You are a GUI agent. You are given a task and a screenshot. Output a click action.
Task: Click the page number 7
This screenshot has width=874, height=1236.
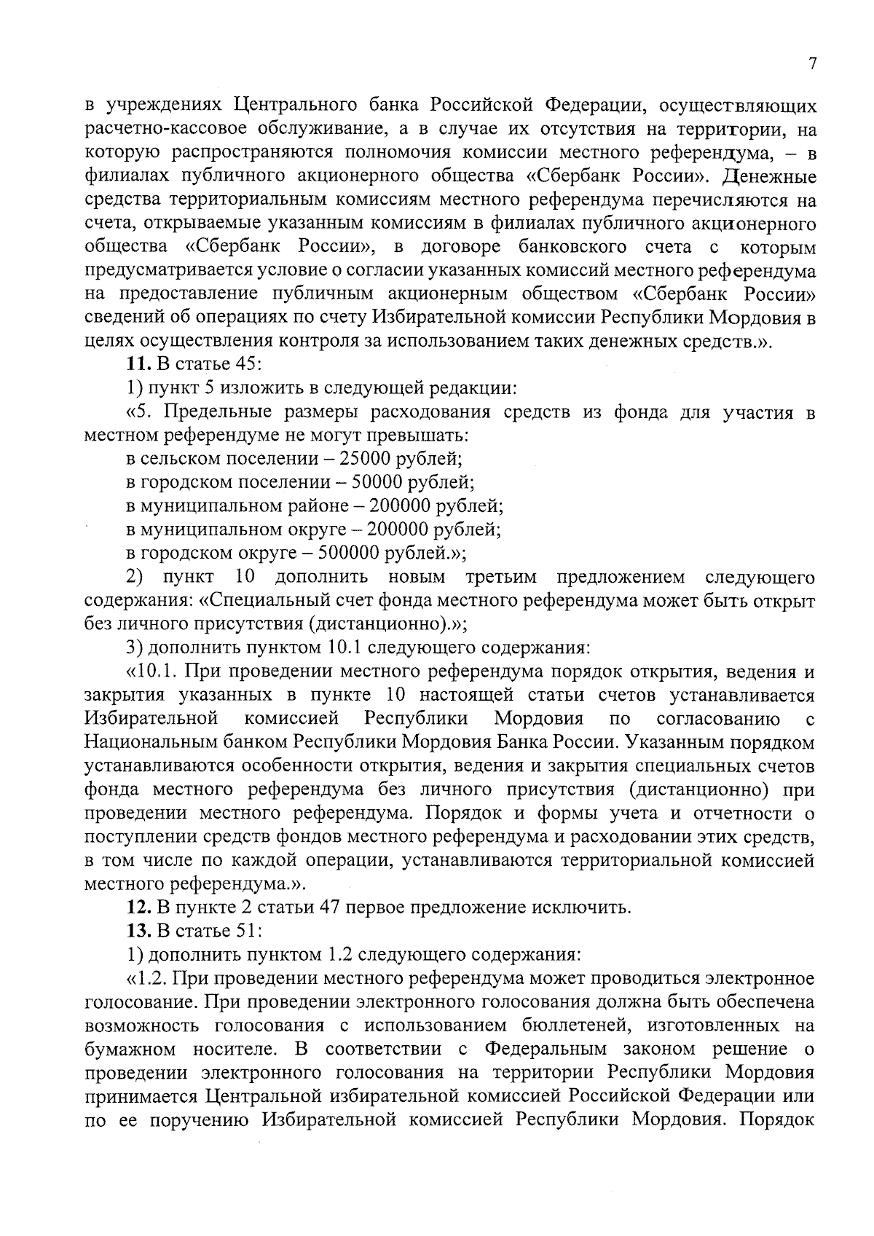tap(813, 64)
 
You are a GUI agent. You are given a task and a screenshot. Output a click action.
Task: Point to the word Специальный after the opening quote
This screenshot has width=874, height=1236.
tap(272, 602)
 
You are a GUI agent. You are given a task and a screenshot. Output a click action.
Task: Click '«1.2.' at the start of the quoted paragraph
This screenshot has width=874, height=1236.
tap(145, 978)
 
